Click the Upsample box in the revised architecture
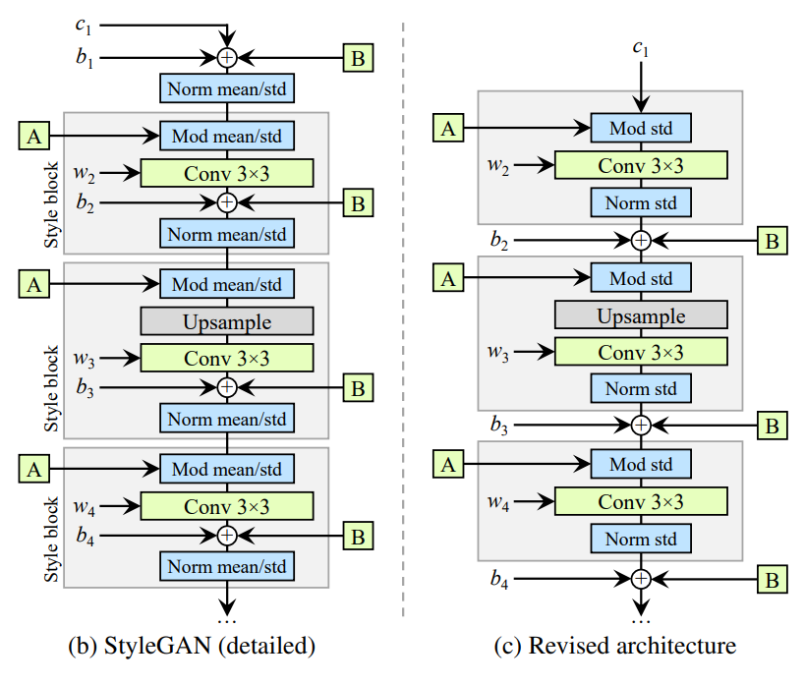[640, 315]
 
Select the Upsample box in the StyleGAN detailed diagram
[226, 321]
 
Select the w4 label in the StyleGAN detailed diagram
[86, 506]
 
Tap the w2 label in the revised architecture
[499, 164]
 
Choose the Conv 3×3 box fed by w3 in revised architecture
[640, 352]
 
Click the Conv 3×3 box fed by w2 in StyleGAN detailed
[226, 173]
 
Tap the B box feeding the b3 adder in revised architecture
[772, 425]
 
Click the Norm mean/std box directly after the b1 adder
[226, 89]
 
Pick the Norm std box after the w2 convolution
[640, 202]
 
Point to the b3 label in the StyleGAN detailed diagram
[86, 388]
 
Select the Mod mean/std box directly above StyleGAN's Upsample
[226, 284]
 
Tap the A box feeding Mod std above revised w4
[448, 463]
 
